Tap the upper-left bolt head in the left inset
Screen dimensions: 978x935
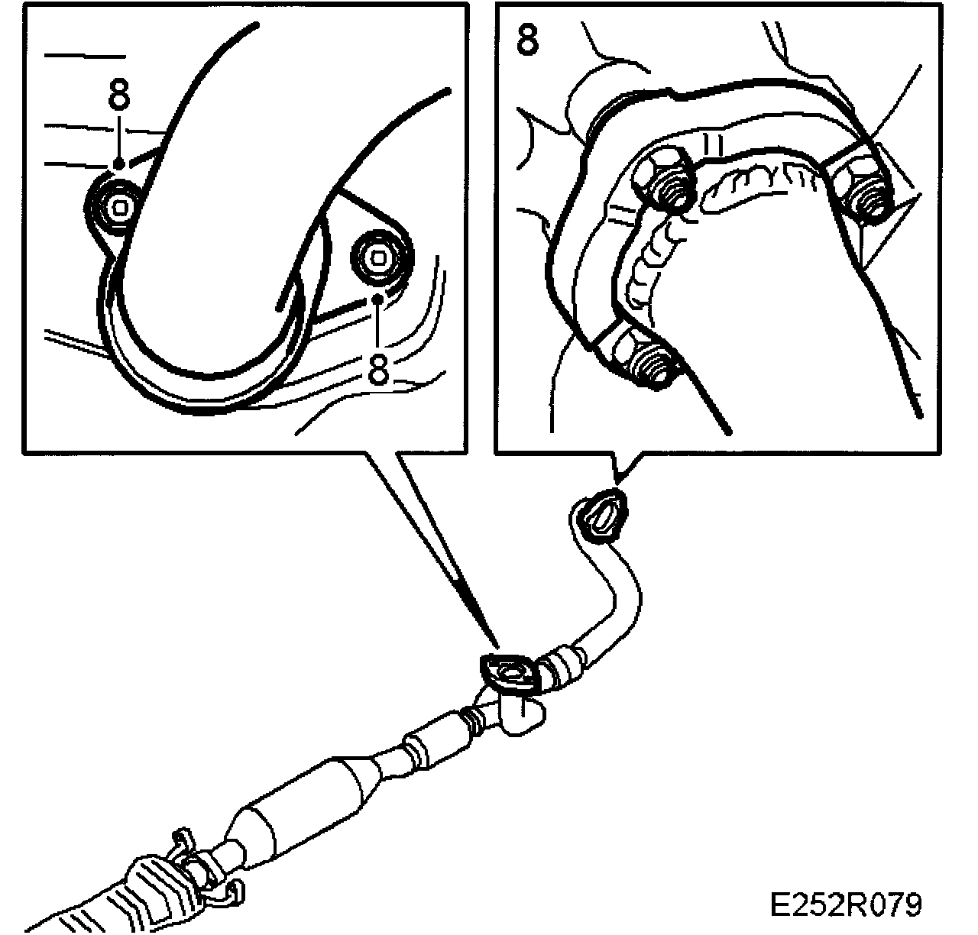coord(115,205)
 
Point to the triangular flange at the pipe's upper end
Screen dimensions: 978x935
coord(601,519)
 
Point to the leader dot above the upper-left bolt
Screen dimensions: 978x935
coord(118,163)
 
